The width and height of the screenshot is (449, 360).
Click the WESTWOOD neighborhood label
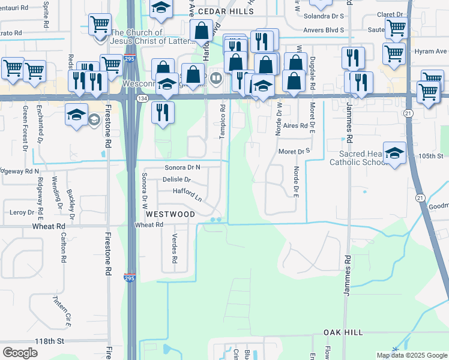click(169, 214)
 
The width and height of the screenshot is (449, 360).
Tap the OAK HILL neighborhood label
click(343, 332)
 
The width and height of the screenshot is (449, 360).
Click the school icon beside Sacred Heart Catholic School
click(394, 153)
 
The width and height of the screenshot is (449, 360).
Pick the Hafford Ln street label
click(187, 193)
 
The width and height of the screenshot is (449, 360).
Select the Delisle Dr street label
click(176, 179)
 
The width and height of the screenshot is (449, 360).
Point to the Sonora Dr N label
click(182, 167)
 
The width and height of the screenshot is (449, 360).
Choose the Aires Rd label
click(295, 126)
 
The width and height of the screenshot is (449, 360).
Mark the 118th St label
click(49, 341)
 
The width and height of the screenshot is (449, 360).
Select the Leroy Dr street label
click(22, 212)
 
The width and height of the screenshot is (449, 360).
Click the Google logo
click(20, 353)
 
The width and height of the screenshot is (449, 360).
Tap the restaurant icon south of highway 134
click(163, 112)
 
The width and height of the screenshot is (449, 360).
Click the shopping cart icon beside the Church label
click(100, 25)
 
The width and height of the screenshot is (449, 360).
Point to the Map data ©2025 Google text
click(411, 355)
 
